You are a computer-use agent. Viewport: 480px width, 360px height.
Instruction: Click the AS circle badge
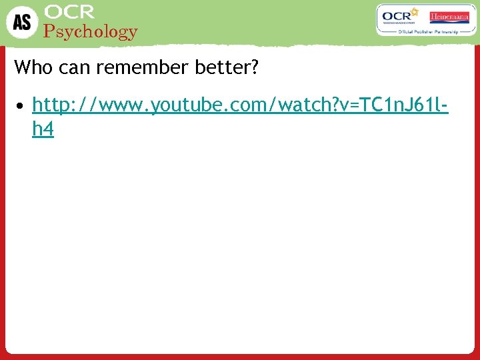coord(22,21)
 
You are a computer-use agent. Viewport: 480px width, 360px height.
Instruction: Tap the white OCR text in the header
coord(69,12)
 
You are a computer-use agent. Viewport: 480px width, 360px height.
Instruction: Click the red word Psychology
coord(90,31)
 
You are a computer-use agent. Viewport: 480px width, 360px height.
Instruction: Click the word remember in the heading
coord(130,67)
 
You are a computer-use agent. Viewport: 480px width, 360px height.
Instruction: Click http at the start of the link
coord(52,105)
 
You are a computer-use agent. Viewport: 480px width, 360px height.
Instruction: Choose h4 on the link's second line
coord(43,129)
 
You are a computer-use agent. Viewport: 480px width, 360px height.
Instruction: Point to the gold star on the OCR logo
coord(414,11)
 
